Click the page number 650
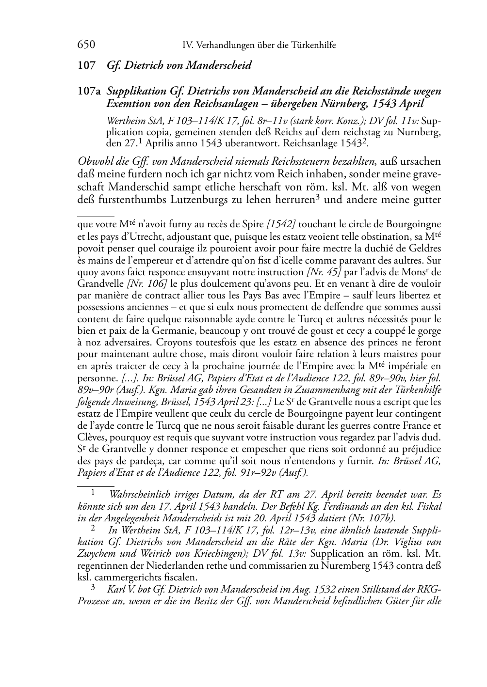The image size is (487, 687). coord(86,45)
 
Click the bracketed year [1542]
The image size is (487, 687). coord(281,224)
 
